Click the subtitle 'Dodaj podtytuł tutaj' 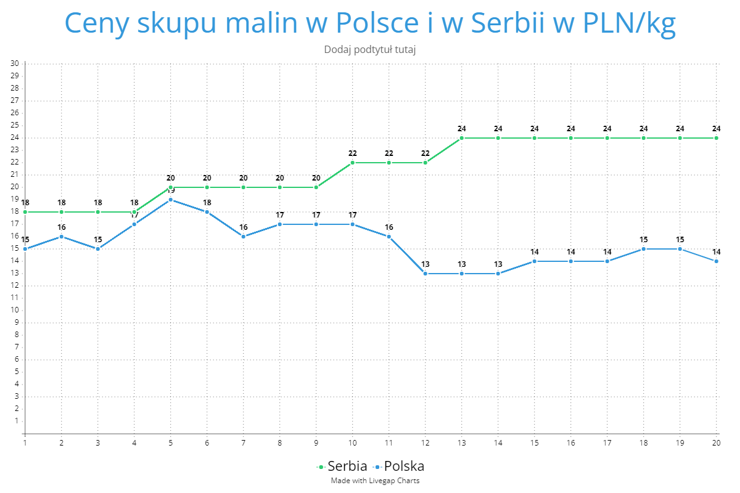[370, 49]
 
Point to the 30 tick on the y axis [15, 63]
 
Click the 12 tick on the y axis [15, 286]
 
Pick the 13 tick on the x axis [461, 442]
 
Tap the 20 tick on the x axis [716, 442]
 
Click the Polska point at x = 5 [171, 200]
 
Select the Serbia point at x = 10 [353, 163]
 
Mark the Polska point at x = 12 [425, 274]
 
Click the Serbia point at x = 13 [462, 138]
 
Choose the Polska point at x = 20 [717, 261]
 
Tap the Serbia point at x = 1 [25, 212]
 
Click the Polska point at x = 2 [62, 237]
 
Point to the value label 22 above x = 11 [389, 153]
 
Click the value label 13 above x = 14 [498, 264]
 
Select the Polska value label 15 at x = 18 [644, 240]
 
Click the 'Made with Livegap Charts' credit [375, 481]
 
